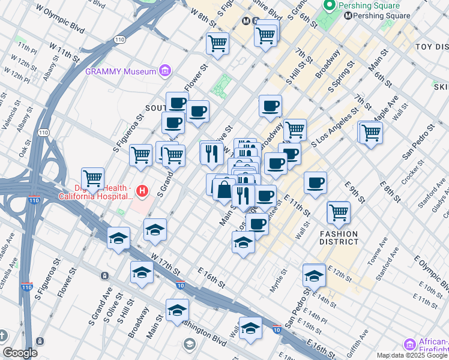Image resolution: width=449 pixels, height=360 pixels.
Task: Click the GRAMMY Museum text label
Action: (119, 71)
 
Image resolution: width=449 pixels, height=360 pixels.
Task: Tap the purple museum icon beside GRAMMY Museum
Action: (164, 71)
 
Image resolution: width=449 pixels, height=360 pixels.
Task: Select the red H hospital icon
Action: (142, 192)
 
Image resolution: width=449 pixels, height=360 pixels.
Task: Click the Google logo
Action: (20, 353)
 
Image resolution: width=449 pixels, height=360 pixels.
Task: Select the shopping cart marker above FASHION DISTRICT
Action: (339, 212)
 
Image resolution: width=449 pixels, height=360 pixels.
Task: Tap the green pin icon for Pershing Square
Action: (329, 5)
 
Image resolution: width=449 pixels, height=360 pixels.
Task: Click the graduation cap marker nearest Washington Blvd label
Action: (178, 310)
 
